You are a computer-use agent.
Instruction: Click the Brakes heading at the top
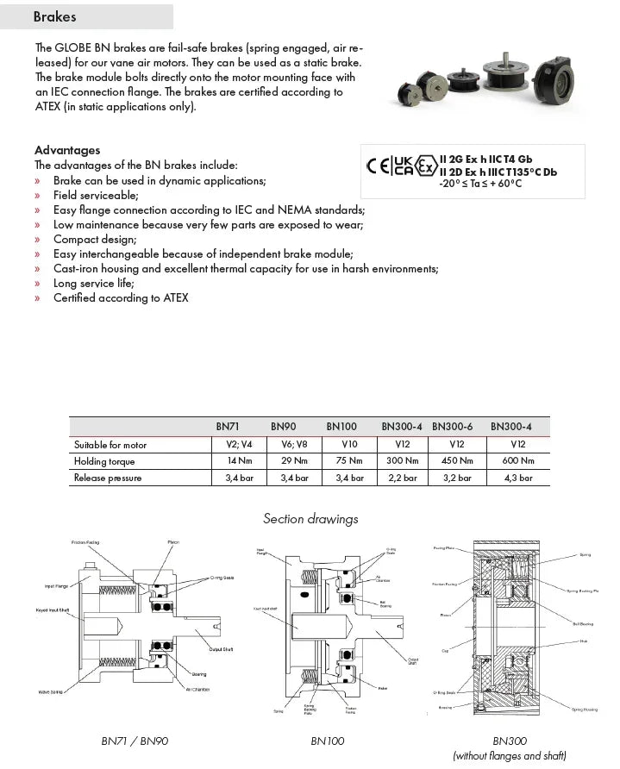click(54, 16)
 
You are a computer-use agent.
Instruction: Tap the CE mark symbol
click(378, 166)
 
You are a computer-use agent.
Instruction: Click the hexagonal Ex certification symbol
click(425, 166)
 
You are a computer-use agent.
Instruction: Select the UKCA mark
click(402, 166)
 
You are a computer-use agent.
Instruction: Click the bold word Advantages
click(67, 150)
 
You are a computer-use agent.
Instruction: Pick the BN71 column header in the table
click(228, 426)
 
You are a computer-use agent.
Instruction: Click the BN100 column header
click(341, 426)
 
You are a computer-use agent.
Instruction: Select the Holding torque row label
click(107, 461)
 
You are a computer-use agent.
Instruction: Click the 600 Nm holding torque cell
click(518, 461)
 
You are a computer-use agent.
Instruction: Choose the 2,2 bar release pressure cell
click(401, 478)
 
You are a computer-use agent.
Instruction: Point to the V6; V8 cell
click(289, 445)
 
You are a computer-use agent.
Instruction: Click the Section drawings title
click(310, 519)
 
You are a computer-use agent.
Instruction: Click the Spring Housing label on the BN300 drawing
click(584, 709)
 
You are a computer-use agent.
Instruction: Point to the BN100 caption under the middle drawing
click(328, 741)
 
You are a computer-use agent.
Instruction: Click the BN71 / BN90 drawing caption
click(135, 741)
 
